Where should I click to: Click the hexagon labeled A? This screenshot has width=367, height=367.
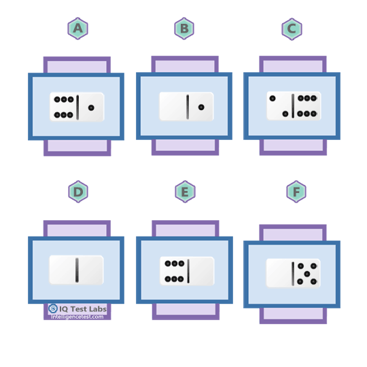pos(78,29)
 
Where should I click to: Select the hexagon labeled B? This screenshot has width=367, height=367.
pos(184,29)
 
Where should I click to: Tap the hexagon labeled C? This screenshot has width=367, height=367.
pos(292,29)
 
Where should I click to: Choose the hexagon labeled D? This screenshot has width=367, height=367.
pos(78,192)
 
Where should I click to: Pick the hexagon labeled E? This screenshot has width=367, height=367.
pos(185,192)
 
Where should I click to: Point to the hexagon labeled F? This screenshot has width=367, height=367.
pos(296,192)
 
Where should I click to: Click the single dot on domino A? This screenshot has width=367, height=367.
pos(91,107)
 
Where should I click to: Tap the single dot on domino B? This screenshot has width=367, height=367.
pos(201,107)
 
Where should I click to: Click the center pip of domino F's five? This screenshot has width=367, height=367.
pos(307,274)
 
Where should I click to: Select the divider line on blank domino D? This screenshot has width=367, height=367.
pos(77,270)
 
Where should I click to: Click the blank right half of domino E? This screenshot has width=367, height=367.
pos(202,271)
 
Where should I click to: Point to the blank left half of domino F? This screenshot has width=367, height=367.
pos(279,273)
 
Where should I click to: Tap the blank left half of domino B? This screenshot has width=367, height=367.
pos(173,107)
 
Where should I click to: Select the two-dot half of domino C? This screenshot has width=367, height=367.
pos(279,106)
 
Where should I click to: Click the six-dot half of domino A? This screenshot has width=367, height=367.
pos(63,107)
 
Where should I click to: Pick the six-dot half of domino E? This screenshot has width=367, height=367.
pos(174,271)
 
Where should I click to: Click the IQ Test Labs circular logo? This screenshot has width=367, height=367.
pos(53,309)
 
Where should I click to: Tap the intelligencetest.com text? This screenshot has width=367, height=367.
pos(77,317)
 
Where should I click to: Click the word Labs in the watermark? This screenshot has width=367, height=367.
pos(97,309)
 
